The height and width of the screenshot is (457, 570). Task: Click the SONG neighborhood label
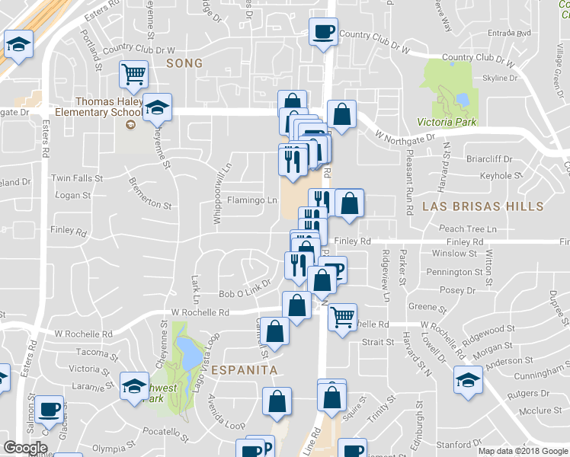[x=184, y=63]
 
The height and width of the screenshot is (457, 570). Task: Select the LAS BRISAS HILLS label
[x=482, y=206]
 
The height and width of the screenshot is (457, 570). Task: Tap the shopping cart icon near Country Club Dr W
[x=133, y=75]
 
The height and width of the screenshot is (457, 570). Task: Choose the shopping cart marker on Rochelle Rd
[x=343, y=315]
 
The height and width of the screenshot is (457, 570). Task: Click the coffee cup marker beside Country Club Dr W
[x=323, y=33]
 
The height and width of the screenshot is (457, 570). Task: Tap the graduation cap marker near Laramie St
[x=134, y=385]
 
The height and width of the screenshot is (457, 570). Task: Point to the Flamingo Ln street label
[x=251, y=200]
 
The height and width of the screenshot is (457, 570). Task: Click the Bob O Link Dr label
[x=245, y=293]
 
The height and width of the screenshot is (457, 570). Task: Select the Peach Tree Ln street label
[x=467, y=228]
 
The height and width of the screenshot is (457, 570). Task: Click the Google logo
[x=25, y=448]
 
